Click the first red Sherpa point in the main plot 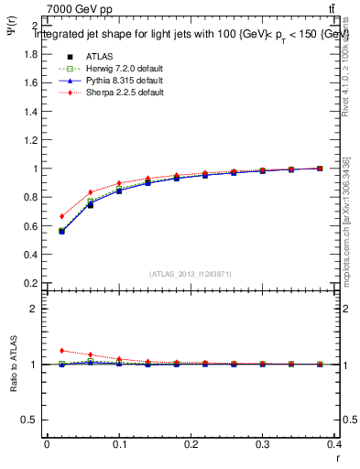(61, 216)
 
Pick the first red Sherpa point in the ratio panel (61, 350)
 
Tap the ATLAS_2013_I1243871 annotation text (191, 274)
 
